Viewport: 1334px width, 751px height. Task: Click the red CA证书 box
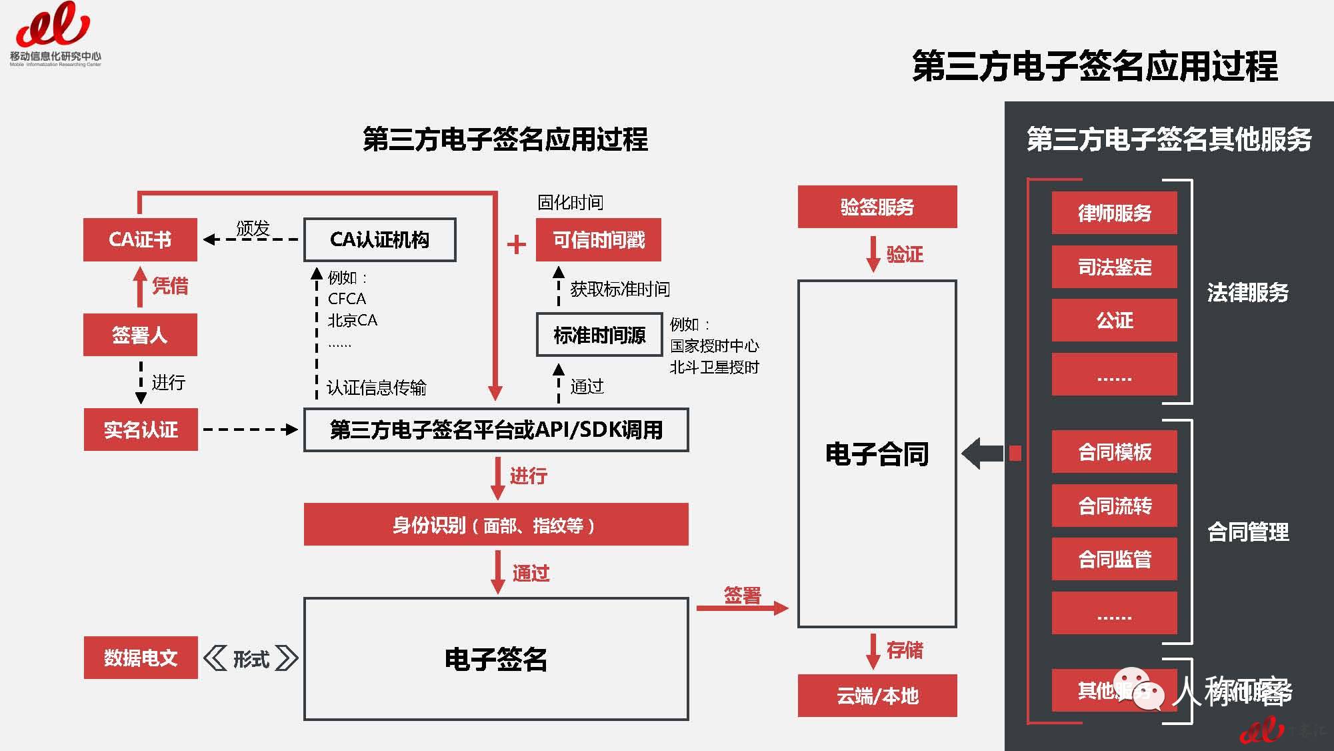[140, 239]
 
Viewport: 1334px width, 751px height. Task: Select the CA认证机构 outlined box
[379, 239]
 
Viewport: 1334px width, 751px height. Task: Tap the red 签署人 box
[140, 334]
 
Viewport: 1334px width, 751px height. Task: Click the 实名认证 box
[141, 430]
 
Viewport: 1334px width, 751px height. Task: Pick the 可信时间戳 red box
[598, 239]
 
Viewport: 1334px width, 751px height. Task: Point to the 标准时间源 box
[599, 334]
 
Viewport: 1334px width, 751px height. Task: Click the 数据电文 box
[141, 658]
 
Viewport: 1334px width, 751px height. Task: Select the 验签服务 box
[877, 207]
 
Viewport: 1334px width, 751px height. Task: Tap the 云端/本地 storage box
[877, 696]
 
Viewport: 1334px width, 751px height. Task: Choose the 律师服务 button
[1114, 213]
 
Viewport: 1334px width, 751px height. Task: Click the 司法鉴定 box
[1114, 267]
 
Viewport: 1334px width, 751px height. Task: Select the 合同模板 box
[1114, 452]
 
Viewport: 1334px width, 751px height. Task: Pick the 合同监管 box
[1114, 559]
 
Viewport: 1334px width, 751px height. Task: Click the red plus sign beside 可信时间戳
[517, 245]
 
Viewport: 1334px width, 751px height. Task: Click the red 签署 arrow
[742, 608]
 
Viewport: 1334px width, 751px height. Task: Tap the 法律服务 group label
[1247, 292]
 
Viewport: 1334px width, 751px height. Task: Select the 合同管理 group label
[1247, 532]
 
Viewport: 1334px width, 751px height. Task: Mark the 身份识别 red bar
[496, 525]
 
